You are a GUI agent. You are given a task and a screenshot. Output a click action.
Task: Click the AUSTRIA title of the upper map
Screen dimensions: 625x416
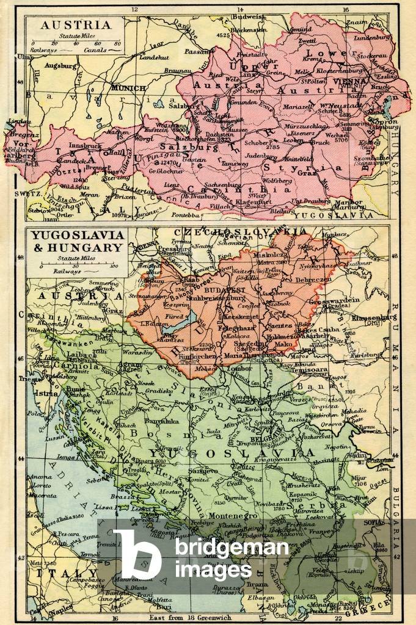(x=75, y=25)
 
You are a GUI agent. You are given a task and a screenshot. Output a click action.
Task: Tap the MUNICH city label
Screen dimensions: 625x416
(x=128, y=88)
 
